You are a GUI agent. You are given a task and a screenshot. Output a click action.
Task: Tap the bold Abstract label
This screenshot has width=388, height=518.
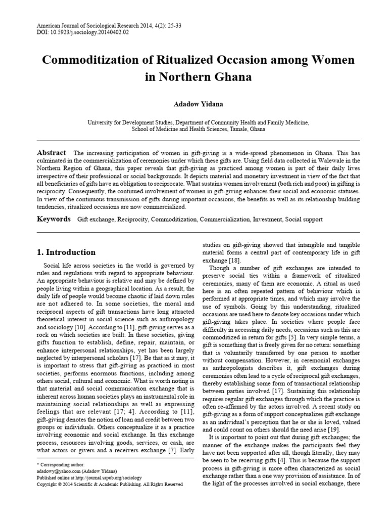[52, 153]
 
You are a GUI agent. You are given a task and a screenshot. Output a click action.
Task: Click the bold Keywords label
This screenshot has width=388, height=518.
[54, 220]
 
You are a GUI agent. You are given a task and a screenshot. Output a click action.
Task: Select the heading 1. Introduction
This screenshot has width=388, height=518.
[67, 252]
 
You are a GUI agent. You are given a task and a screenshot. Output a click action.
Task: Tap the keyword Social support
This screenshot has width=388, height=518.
[303, 221]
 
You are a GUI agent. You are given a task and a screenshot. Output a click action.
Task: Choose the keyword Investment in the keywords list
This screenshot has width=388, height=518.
[266, 221]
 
